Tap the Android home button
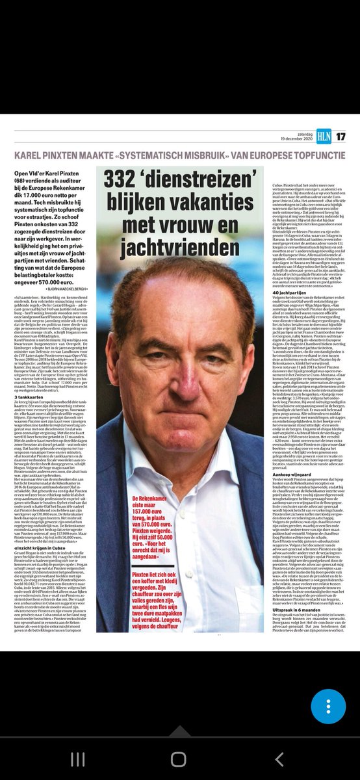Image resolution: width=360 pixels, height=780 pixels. coord(179,759)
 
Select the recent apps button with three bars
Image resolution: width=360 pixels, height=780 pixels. coord(77,759)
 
